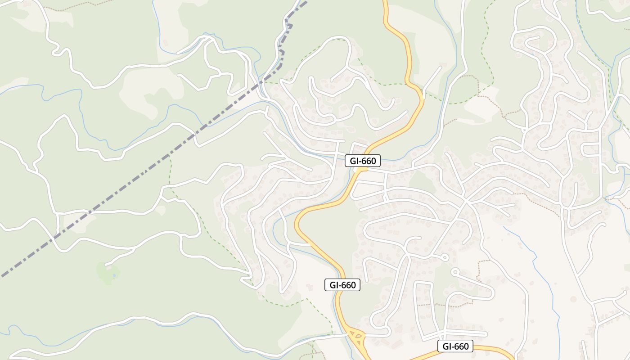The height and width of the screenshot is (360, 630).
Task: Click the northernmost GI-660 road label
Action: (x=363, y=161)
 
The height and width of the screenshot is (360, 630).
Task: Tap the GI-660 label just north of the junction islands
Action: (x=342, y=285)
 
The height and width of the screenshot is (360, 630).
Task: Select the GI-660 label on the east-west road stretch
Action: (x=455, y=346)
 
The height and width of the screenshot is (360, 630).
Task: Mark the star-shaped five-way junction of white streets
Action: (x=466, y=201)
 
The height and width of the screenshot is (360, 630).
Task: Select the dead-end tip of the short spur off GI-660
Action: (x=440, y=67)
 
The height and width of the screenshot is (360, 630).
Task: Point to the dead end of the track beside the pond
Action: (x=105, y=264)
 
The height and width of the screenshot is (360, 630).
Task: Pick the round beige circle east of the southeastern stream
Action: (x=573, y=299)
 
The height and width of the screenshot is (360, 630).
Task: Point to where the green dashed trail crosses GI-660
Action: (x=407, y=84)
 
